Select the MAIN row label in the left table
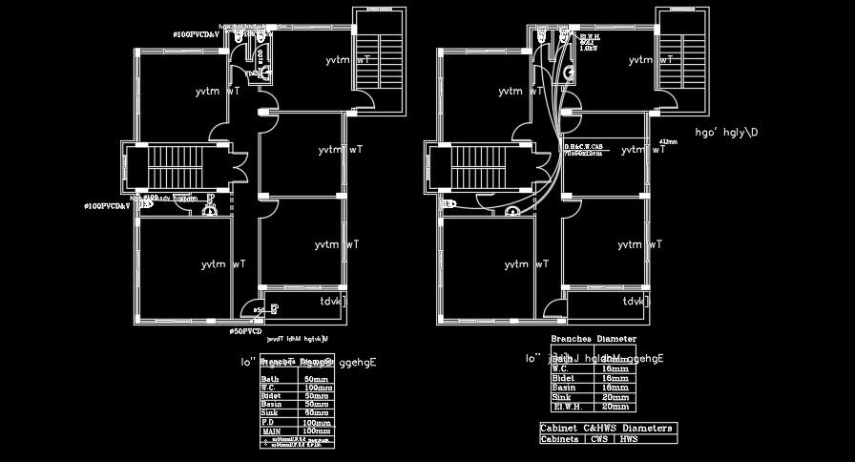271,431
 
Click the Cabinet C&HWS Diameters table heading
607,429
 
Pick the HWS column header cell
630,439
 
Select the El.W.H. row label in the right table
566,406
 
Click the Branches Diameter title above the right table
593,339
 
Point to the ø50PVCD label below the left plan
244,331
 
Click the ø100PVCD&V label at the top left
197,34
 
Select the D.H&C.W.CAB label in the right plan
583,147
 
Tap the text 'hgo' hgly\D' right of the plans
726,133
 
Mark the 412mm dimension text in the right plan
667,142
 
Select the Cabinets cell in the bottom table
560,439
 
